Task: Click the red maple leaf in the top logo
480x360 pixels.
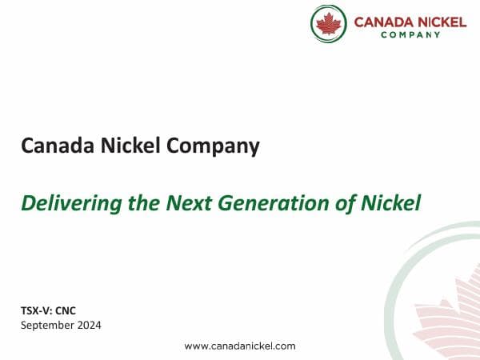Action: (x=328, y=23)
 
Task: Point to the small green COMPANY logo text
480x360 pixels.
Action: (x=410, y=34)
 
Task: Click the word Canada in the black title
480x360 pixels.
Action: (x=52, y=146)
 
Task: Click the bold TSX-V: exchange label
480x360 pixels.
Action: (x=38, y=310)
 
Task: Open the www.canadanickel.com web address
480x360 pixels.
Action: (x=240, y=346)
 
